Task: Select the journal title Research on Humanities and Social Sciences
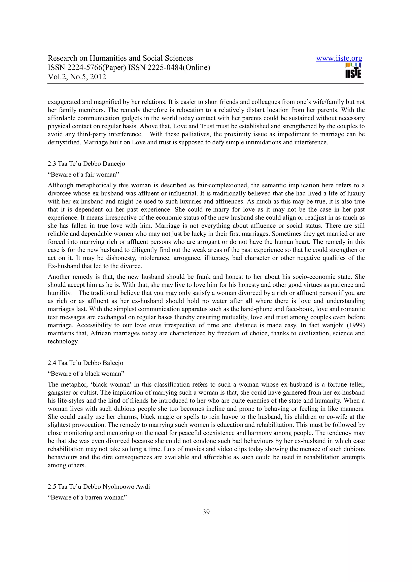tap(120, 58)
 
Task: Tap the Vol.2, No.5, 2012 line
tap(77, 77)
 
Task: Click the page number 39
tap(206, 512)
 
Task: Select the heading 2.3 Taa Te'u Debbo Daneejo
tap(86, 164)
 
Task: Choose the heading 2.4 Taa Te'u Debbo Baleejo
tap(85, 363)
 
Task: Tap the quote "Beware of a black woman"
tap(86, 373)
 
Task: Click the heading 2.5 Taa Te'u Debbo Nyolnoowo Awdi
tap(99, 486)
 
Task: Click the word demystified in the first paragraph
tap(65, 142)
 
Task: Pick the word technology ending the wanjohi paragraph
tap(63, 341)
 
